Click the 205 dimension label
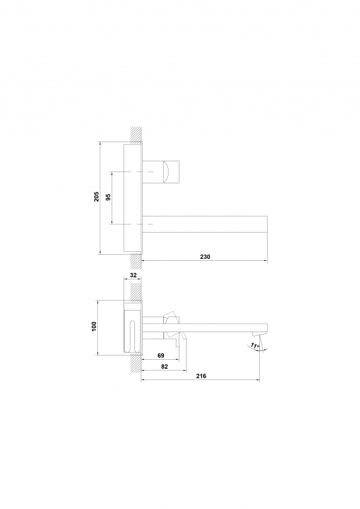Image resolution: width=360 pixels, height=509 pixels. click(x=97, y=197)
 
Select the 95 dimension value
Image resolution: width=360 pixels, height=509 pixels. click(x=108, y=197)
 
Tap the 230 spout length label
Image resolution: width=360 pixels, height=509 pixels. click(x=205, y=257)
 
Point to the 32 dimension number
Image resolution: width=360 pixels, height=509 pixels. click(x=133, y=275)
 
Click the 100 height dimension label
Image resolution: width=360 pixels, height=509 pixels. click(x=94, y=326)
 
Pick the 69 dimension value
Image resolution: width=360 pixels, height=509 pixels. click(x=161, y=356)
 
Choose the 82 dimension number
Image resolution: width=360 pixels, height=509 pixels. click(x=164, y=366)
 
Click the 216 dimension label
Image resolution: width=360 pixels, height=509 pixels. click(x=201, y=377)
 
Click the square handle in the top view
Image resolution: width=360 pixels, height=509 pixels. click(x=172, y=171)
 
